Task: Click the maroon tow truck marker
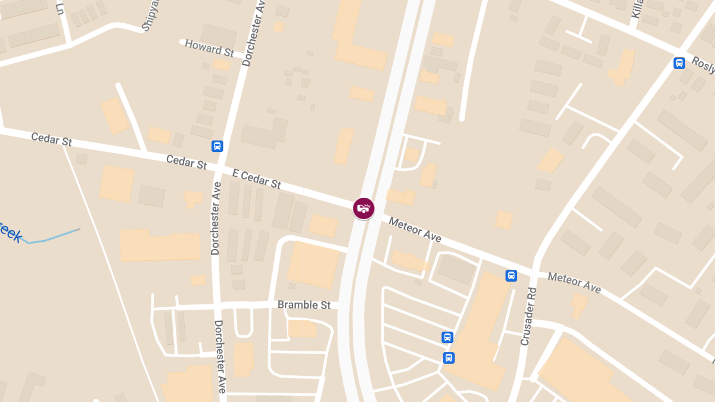coord(363,208)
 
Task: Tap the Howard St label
coord(209,48)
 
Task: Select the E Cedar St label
coord(257,179)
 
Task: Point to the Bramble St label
coord(304,305)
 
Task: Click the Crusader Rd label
coord(529,316)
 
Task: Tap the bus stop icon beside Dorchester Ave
coord(217,146)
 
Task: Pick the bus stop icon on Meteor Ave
coord(511,276)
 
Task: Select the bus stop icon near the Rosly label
coord(679,63)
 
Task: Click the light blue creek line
coord(54,236)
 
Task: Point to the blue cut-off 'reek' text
coord(11,232)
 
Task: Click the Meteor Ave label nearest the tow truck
coord(415,229)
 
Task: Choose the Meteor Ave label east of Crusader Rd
coord(574,282)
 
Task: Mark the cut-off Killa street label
coord(637,9)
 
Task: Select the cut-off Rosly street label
coord(703,66)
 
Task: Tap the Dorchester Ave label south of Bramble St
coord(220,356)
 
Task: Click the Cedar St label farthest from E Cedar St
coord(51,139)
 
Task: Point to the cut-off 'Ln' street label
coord(60,7)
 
